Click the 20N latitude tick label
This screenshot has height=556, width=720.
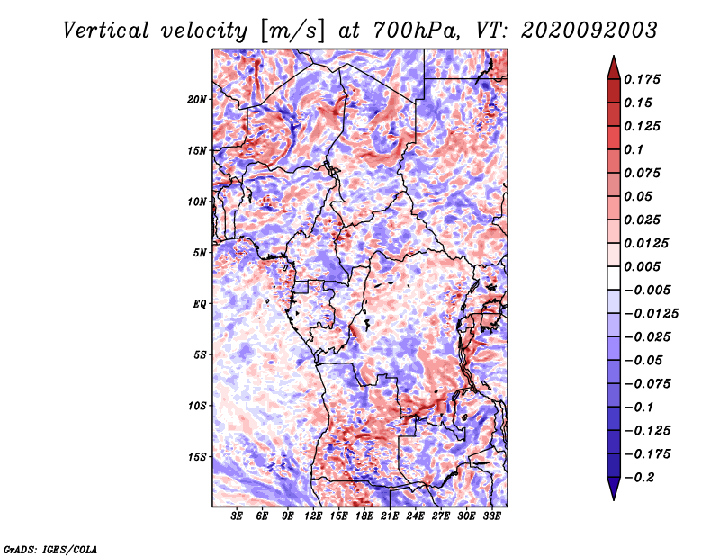coord(197,100)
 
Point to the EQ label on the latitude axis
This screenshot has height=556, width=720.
coord(200,304)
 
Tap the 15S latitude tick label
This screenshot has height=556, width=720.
coord(197,457)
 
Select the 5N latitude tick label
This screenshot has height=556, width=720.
coord(200,253)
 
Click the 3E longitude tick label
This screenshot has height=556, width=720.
coord(237,516)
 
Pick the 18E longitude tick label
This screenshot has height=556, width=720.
coord(364,516)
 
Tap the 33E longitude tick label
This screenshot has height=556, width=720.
coord(491,516)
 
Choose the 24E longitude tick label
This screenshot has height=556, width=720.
coord(415,516)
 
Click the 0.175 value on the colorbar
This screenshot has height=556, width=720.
coord(643,79)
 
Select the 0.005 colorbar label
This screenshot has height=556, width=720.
coord(643,266)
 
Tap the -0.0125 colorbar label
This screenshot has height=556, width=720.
coord(652,314)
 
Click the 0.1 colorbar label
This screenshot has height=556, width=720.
coord(634,149)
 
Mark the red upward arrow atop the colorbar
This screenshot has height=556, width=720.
coord(614,67)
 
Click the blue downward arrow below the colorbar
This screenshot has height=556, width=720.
coord(614,489)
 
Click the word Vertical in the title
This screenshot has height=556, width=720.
coord(105,31)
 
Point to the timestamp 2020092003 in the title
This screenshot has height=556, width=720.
coord(589,31)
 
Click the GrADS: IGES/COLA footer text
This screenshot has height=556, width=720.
coord(50,549)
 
